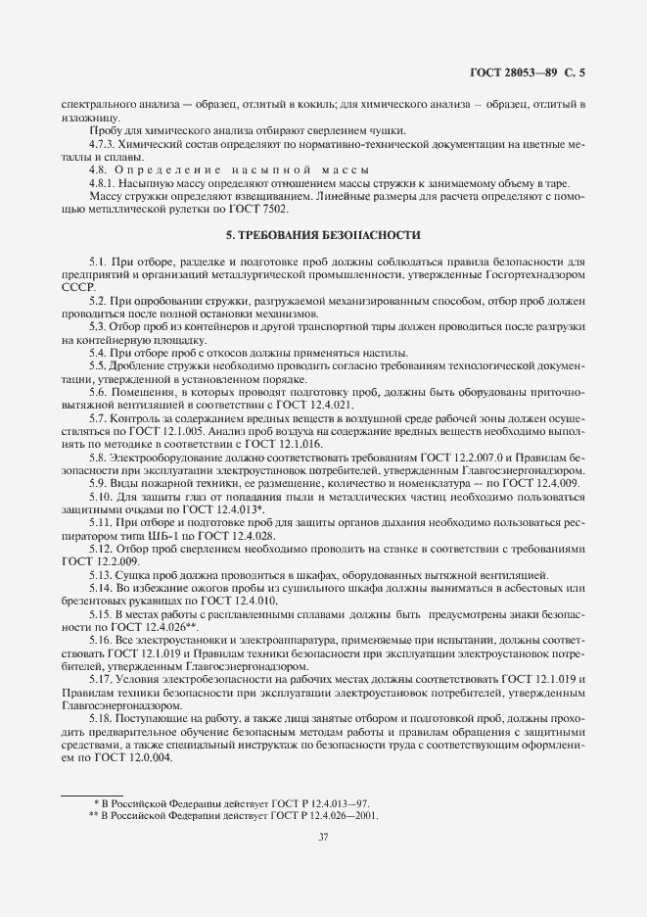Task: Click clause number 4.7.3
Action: (x=104, y=144)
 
